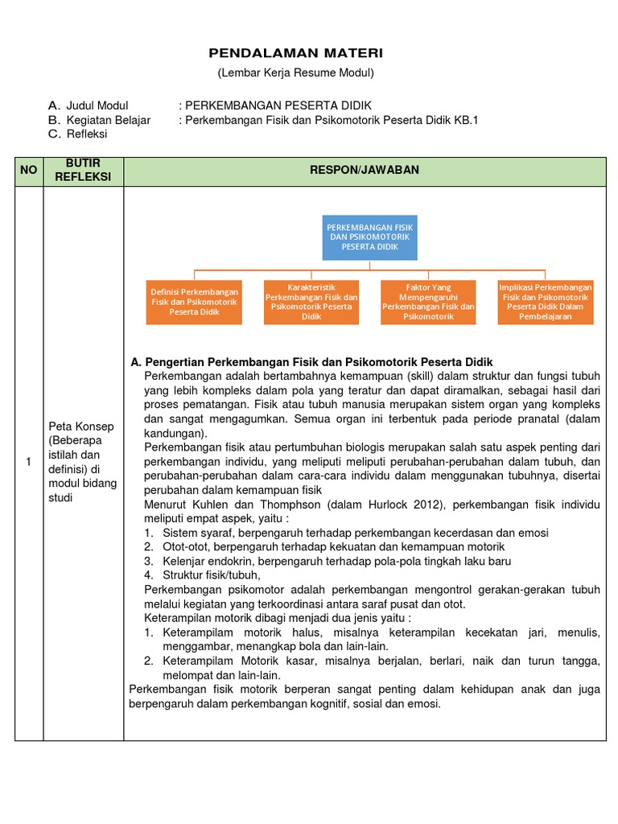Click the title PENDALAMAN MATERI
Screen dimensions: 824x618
(x=296, y=53)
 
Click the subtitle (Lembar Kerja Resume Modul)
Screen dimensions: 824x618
(x=296, y=73)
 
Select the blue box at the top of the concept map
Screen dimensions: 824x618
(x=369, y=237)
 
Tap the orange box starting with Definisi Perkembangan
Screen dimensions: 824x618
(x=194, y=302)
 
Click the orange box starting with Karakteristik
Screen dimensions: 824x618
(x=311, y=302)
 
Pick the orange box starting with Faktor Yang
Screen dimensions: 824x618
(x=428, y=302)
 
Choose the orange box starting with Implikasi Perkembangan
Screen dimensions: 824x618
(x=546, y=302)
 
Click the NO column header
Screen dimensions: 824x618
(x=29, y=171)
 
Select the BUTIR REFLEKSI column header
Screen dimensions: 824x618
(x=84, y=171)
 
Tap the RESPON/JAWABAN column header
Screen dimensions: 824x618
(x=366, y=170)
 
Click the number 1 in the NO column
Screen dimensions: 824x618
(x=28, y=462)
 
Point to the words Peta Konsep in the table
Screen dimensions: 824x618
(x=81, y=426)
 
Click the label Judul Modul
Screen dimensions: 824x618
(x=97, y=105)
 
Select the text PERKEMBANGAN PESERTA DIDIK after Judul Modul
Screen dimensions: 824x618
(x=278, y=105)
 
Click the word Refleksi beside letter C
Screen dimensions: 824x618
(x=87, y=134)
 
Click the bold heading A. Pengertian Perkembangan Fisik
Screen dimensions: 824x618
(x=311, y=362)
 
